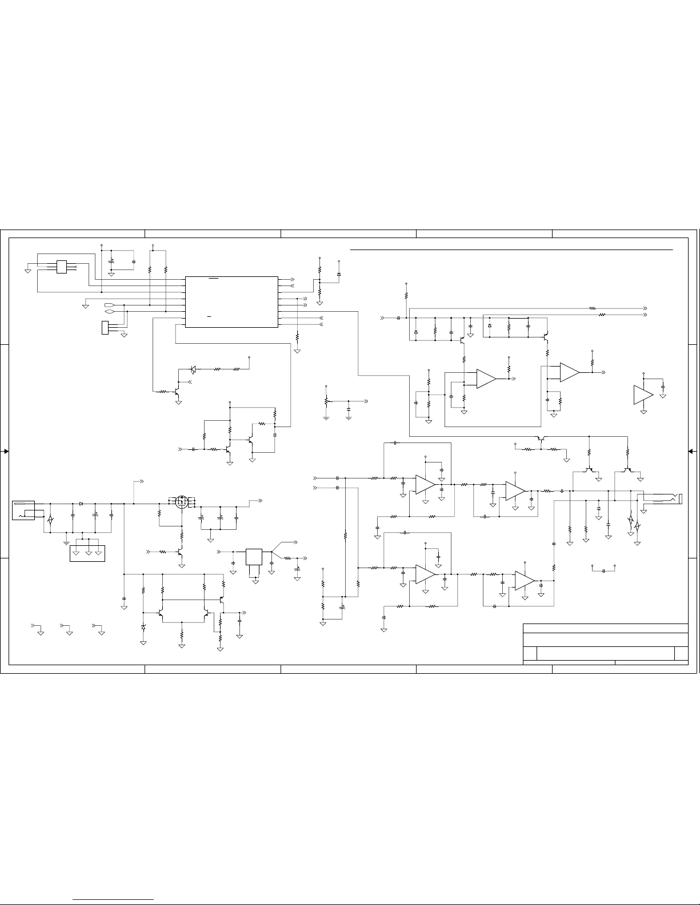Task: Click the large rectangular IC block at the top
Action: point(231,301)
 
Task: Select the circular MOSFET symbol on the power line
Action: point(182,503)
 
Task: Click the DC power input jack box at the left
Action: point(23,510)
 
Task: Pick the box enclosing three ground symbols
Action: point(87,553)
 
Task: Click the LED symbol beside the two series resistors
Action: point(193,369)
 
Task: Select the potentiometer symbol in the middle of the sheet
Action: point(326,401)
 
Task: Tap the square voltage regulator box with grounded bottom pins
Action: point(254,557)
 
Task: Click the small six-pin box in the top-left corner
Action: point(61,267)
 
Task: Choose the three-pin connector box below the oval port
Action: point(105,328)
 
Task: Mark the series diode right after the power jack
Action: point(82,504)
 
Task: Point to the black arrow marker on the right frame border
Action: point(691,451)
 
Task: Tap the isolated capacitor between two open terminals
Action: point(603,570)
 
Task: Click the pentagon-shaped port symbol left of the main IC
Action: point(110,305)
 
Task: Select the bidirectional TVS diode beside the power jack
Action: point(50,520)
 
